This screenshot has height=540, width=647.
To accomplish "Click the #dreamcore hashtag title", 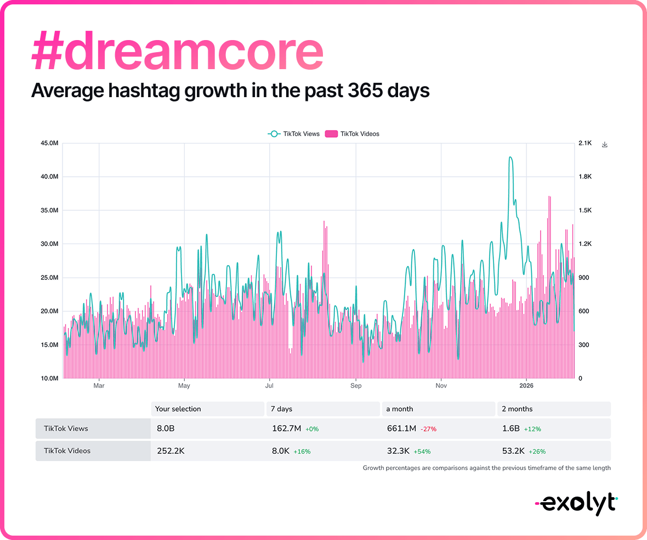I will click(x=177, y=50).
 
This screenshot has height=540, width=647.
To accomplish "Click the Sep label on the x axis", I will click(x=356, y=386).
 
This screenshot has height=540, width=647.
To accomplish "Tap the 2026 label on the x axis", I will click(x=526, y=386).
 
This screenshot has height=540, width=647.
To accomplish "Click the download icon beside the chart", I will click(x=605, y=144).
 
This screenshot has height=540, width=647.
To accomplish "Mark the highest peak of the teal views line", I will click(x=510, y=157).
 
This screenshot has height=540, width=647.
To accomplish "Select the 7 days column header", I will click(x=281, y=409).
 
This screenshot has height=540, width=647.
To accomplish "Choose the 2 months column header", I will click(x=517, y=409).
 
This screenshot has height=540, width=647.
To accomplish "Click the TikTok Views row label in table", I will click(x=66, y=429).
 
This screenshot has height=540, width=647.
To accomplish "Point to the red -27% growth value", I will click(x=429, y=429).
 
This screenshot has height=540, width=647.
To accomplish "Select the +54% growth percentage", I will click(x=422, y=452).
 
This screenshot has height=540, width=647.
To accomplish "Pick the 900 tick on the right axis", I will click(x=584, y=278).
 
